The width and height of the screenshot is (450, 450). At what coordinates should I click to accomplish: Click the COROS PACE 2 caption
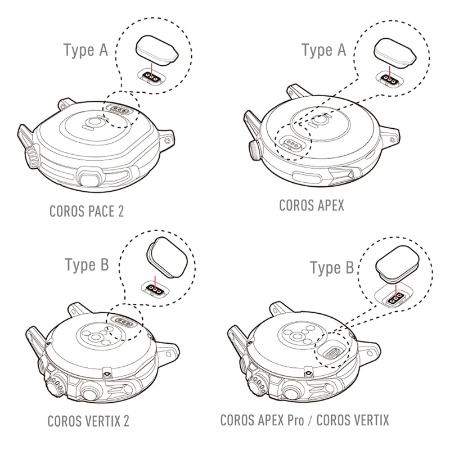point(87,211)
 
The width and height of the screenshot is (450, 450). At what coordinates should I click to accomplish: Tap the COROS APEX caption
point(312,205)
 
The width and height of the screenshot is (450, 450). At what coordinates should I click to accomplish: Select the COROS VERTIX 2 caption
point(88,421)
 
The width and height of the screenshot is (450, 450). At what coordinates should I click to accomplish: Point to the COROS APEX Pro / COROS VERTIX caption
point(305,420)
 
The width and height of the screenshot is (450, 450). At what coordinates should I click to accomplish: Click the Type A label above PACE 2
point(85,50)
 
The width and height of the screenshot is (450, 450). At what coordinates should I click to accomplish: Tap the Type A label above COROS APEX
point(324,50)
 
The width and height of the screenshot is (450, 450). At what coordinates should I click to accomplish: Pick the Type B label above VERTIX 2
point(87,264)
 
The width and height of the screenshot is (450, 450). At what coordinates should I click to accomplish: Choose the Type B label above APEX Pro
point(332,268)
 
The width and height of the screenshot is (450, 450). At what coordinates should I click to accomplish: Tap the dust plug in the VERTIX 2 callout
point(166,258)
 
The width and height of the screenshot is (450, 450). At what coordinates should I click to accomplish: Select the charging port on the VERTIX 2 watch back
point(123,321)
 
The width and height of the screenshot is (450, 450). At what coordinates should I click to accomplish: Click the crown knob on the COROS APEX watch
point(255,150)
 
